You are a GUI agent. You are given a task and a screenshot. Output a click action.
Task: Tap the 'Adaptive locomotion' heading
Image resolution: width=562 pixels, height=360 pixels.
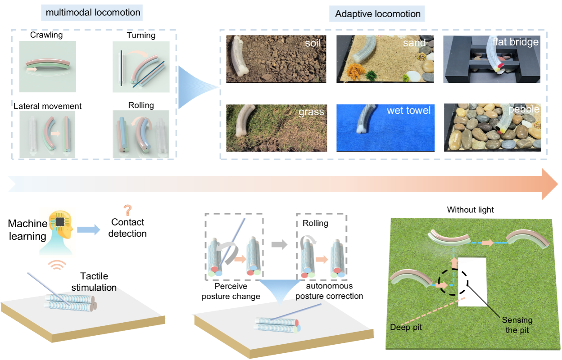378,14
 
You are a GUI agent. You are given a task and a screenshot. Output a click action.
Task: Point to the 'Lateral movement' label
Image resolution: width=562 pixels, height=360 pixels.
48,106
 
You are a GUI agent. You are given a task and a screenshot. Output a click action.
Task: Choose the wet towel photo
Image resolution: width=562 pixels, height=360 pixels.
385,127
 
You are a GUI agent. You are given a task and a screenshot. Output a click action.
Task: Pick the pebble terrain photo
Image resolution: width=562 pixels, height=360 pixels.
492,128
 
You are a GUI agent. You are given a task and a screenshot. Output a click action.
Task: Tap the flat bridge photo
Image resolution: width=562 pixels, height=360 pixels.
492,58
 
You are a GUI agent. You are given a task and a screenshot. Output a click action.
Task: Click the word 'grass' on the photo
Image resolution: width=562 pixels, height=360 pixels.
311,111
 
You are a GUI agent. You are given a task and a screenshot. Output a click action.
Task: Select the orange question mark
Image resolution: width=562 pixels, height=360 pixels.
128,210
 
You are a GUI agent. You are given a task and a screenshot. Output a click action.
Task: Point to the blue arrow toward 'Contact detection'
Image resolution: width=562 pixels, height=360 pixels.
89,229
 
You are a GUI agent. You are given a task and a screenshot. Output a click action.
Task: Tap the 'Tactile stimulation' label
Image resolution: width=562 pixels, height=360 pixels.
94,282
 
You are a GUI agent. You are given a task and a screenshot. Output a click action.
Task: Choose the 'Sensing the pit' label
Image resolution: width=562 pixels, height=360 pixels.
517,325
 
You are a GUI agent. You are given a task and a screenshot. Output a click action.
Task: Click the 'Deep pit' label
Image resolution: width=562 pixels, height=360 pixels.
406,327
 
